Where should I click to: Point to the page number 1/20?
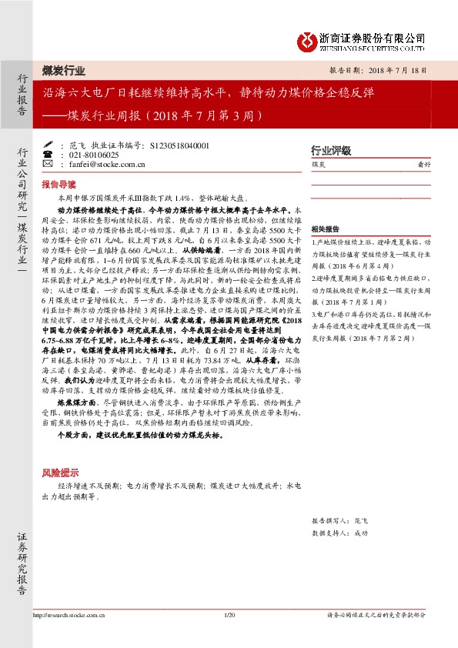(229, 614)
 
